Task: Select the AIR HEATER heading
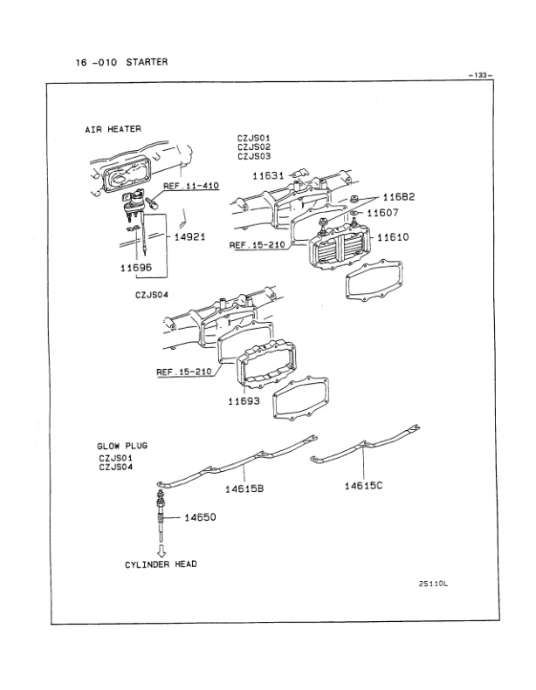click(113, 129)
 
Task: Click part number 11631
click(268, 175)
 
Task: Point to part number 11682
click(398, 197)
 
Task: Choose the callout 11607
click(382, 212)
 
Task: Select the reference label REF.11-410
click(190, 186)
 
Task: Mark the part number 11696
click(136, 269)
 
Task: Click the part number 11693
click(245, 401)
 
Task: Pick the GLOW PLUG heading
click(122, 446)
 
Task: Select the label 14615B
click(244, 488)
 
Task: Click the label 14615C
click(363, 486)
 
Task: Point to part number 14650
click(200, 517)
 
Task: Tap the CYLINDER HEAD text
click(161, 564)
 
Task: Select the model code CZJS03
click(255, 157)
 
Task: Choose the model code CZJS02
click(255, 147)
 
